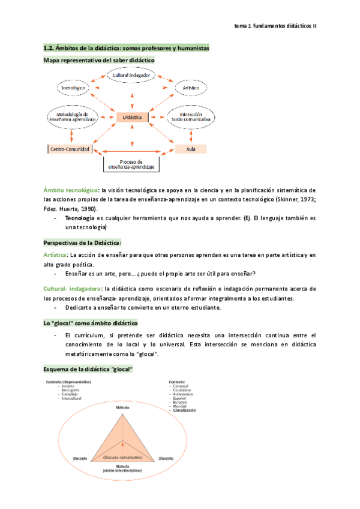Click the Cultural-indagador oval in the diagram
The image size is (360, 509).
point(131,75)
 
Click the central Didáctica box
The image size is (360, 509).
point(132,118)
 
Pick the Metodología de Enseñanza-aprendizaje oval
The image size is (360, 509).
point(73,116)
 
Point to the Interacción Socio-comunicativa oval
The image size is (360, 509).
point(190,116)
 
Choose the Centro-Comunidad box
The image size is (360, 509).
point(70,148)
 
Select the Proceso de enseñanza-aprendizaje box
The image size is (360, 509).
point(131,164)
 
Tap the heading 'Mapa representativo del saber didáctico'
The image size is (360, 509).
point(99,61)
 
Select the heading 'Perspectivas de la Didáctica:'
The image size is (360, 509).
point(83,242)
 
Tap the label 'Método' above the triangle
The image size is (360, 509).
point(122,408)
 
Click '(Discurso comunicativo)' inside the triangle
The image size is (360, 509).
point(122,457)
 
